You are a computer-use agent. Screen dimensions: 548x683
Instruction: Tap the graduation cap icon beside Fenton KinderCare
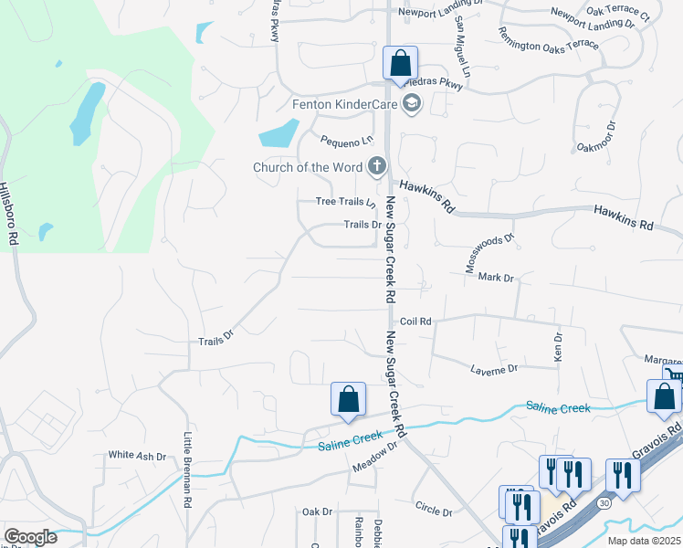411,103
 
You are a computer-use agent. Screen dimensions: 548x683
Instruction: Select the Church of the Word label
308,167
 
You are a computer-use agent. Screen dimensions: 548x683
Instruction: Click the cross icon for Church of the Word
376,167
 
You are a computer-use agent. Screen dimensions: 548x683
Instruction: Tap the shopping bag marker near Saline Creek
348,399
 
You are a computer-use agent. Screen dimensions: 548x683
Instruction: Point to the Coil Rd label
415,321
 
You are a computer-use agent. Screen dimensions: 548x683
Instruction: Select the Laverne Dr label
494,369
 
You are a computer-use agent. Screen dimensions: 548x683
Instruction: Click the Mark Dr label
496,278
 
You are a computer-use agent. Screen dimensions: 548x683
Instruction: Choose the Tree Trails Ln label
345,202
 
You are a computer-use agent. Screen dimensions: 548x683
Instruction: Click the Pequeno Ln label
347,141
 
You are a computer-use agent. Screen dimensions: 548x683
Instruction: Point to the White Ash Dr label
137,455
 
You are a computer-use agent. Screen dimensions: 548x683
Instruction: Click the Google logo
30,537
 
